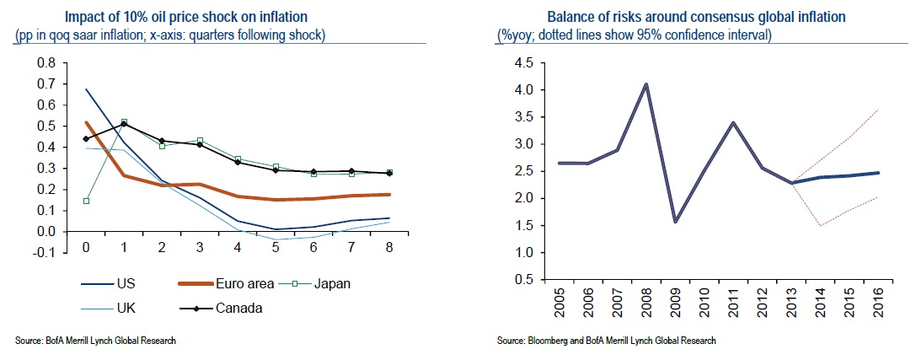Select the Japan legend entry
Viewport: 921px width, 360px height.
(x=332, y=284)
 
